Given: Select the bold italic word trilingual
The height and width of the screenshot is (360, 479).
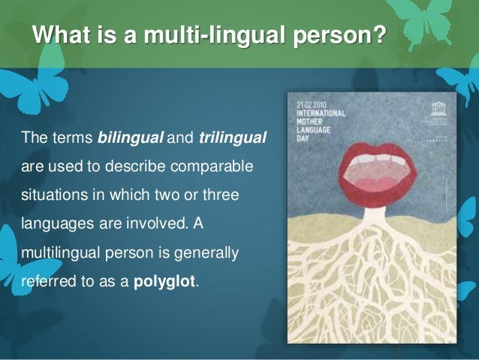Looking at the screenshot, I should [233, 139].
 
